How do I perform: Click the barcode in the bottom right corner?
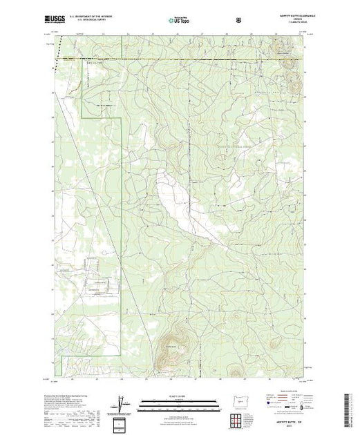(x=350, y=407)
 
